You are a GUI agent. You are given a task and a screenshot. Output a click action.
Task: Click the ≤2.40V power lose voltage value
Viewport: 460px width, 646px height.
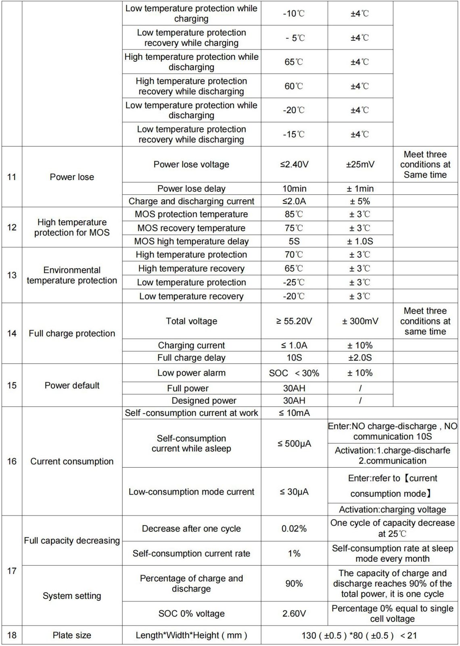click(294, 165)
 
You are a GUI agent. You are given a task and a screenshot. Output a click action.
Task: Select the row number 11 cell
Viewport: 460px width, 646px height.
click(12, 177)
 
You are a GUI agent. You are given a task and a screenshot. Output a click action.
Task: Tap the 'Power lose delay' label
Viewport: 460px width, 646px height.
click(191, 189)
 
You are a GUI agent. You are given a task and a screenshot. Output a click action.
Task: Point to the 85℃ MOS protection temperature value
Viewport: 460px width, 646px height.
click(294, 214)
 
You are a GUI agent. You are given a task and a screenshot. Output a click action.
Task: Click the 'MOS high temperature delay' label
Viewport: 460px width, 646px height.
click(191, 241)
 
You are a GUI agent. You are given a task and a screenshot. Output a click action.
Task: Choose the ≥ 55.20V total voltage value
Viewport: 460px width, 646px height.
click(294, 321)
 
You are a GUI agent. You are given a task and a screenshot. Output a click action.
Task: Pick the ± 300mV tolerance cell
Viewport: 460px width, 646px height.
click(360, 321)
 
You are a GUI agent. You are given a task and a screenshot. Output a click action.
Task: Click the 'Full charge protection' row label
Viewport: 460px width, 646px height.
click(72, 333)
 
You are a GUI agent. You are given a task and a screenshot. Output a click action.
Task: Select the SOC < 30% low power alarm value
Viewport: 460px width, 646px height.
click(294, 373)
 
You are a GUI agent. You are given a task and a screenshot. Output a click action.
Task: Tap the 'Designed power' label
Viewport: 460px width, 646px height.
click(204, 401)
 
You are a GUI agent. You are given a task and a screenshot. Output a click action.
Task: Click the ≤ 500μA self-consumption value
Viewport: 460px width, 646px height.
click(294, 444)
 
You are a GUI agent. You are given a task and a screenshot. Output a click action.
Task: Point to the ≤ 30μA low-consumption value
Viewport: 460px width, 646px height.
click(294, 492)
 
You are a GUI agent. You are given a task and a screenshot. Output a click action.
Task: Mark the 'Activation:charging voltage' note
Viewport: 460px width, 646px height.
click(392, 510)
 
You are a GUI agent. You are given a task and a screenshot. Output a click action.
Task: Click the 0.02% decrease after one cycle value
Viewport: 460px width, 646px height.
click(294, 529)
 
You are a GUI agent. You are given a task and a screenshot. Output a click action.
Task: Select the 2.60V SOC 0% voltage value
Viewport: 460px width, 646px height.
click(294, 614)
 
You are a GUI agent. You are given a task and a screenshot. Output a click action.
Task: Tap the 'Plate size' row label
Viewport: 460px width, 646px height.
click(72, 636)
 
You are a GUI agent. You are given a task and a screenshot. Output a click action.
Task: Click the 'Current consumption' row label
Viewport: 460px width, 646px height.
click(72, 462)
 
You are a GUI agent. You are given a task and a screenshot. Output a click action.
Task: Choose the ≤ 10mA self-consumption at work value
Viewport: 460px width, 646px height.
click(294, 413)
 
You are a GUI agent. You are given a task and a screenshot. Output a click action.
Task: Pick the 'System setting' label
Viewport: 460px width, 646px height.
click(72, 596)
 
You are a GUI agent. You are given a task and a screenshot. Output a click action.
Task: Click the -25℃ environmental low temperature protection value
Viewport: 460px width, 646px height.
click(294, 282)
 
